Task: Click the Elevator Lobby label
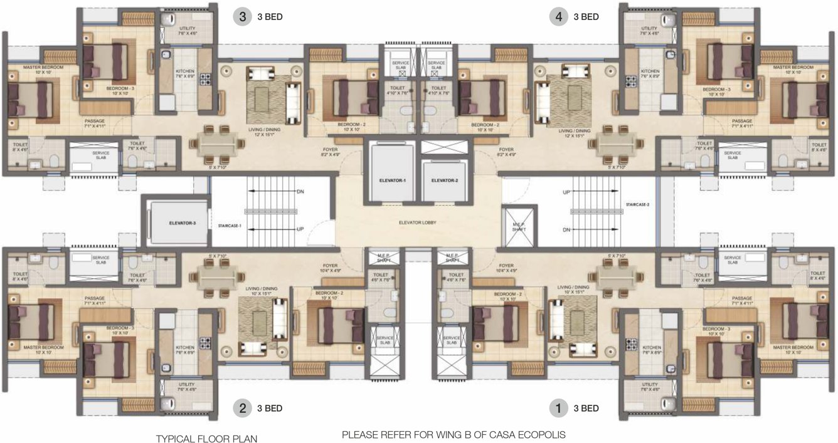tap(418, 222)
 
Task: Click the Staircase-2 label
tap(637, 205)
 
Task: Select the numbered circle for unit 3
tap(242, 17)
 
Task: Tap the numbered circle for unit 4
tap(558, 17)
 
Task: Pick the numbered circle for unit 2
tap(242, 409)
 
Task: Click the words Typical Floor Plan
tap(206, 438)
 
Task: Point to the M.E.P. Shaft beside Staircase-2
tap(518, 227)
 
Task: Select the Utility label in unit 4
tap(649, 29)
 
